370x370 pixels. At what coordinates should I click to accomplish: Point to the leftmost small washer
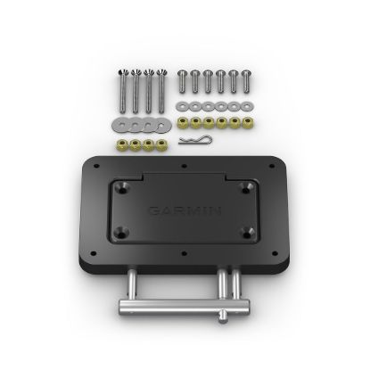(x=184, y=104)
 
